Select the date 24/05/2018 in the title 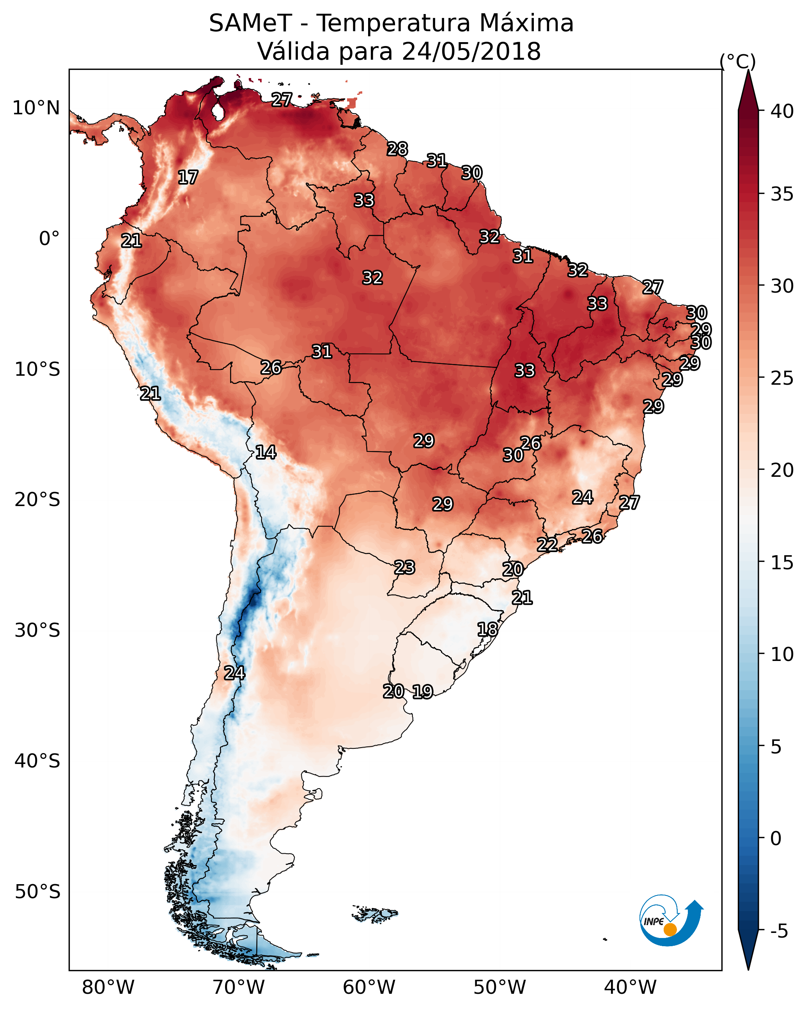471,52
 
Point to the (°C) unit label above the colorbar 737,61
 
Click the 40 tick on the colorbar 782,111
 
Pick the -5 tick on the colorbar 779,931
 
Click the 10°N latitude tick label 36,108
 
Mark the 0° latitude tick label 49,239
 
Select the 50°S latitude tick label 37,892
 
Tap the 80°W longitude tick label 108,988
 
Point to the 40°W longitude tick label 630,988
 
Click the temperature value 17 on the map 188,178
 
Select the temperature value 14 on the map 266,452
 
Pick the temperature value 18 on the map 487,629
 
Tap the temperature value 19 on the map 422,692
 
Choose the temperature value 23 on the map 404,568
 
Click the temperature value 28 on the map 397,149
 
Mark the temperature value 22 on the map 547,545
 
